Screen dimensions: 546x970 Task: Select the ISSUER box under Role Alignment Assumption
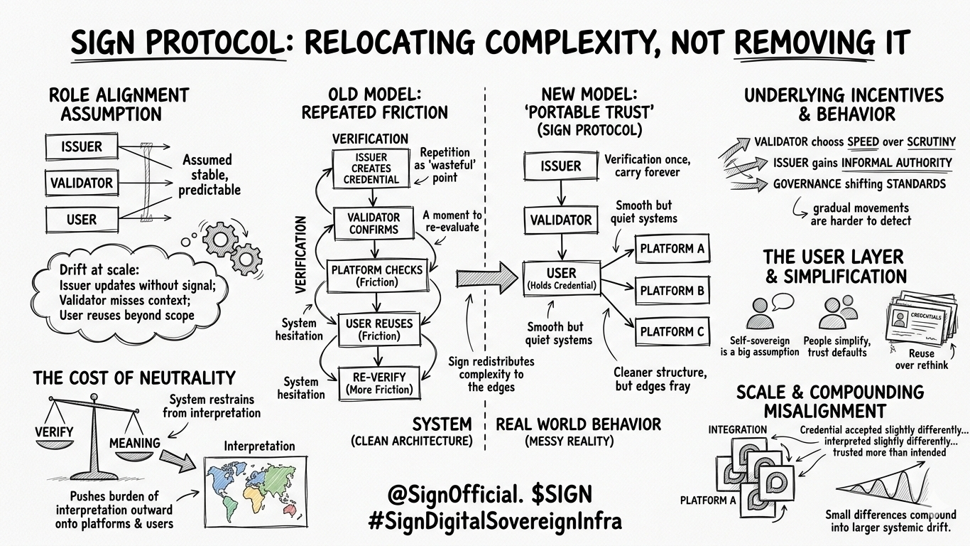point(82,147)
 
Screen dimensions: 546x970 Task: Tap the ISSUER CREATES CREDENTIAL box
point(371,168)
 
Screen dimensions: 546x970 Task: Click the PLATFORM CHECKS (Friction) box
point(376,276)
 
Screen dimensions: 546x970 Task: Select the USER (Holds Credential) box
point(561,279)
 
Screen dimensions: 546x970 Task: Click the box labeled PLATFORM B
point(672,290)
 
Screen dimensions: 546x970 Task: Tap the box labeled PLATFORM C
point(672,331)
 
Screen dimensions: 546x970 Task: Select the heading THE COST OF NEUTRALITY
point(134,378)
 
